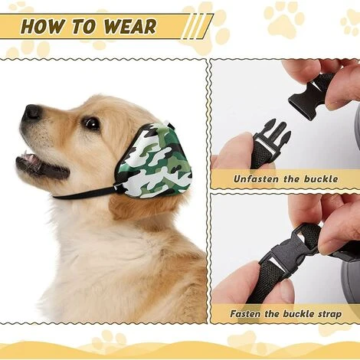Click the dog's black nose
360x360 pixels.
click(31, 113)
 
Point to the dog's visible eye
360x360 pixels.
click(91, 123)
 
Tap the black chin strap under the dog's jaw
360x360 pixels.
click(84, 192)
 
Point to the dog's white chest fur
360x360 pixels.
click(115, 268)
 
